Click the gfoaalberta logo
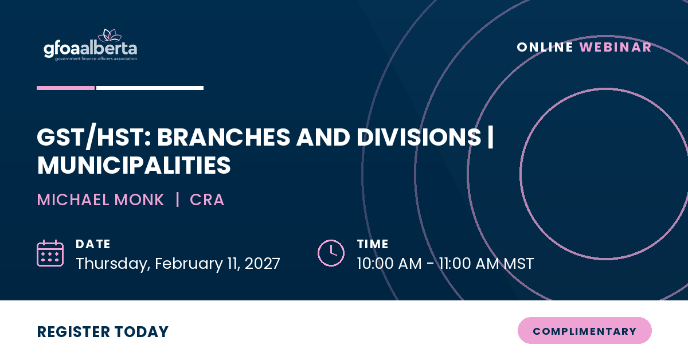click(91, 45)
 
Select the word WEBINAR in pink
click(615, 48)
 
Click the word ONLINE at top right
click(545, 48)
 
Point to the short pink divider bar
click(66, 88)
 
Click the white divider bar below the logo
click(150, 88)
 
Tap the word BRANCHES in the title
click(224, 137)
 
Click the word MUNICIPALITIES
click(134, 165)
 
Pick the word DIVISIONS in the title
click(419, 137)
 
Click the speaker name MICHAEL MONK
click(100, 199)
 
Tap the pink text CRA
click(207, 199)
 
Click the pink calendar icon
click(50, 253)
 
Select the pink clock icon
click(331, 253)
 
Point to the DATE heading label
click(93, 244)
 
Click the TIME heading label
click(373, 244)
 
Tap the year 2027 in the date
click(263, 264)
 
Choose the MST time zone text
click(519, 264)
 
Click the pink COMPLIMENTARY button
click(585, 331)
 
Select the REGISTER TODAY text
click(103, 332)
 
